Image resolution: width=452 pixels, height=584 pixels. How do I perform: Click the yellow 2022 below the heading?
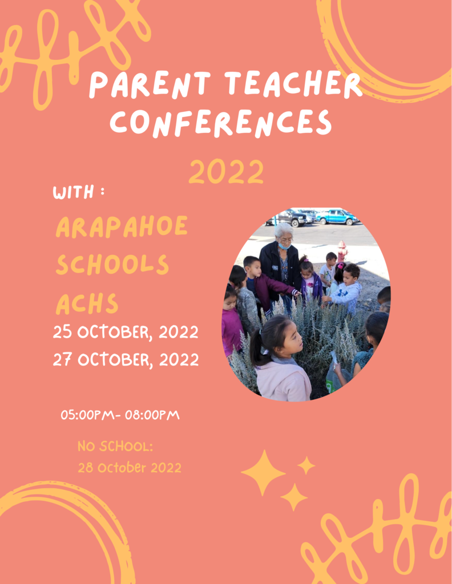click(226, 171)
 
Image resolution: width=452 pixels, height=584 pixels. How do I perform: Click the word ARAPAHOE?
click(122, 226)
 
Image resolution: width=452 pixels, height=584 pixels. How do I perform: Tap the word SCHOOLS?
click(112, 265)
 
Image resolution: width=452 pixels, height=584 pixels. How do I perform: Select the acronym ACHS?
click(87, 304)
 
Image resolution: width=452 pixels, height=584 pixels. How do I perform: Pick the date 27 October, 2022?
click(126, 360)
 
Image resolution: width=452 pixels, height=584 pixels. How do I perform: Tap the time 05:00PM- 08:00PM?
click(120, 415)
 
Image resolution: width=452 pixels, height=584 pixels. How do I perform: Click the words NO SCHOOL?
click(115, 446)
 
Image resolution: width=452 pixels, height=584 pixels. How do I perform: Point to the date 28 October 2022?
click(130, 468)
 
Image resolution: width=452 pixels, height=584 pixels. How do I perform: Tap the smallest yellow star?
click(306, 465)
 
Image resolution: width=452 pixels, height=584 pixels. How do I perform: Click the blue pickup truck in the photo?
click(337, 217)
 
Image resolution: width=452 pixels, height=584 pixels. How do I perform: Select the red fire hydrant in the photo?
click(342, 251)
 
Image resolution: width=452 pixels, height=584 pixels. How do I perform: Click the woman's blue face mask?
click(285, 246)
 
